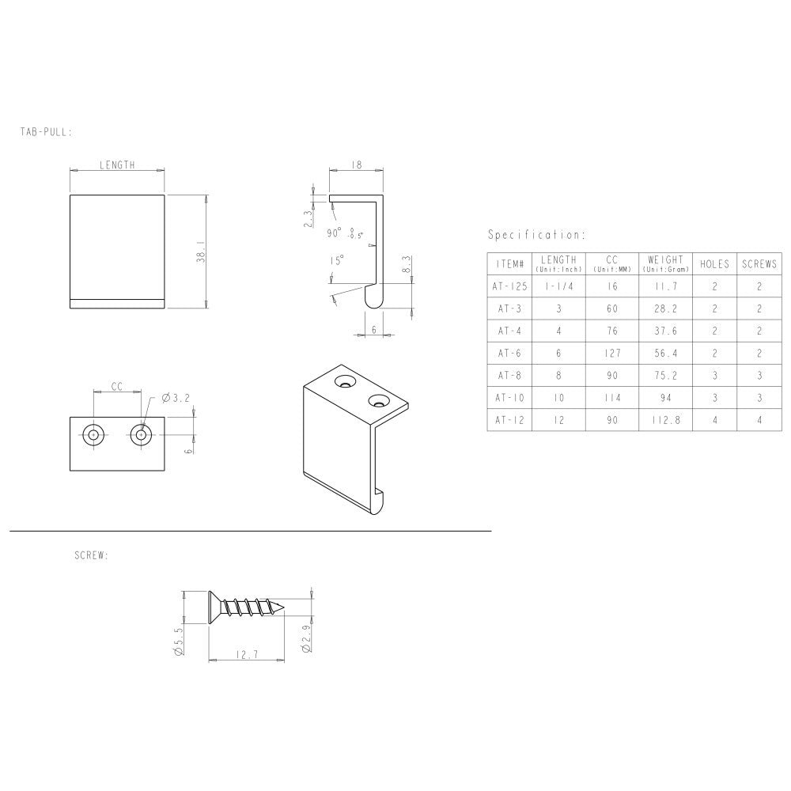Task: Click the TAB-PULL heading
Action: [46, 132]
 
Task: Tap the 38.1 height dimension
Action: [201, 252]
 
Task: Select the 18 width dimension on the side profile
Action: [356, 165]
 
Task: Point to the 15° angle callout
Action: [336, 260]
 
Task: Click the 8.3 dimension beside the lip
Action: [407, 265]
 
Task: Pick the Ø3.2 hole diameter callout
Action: [176, 398]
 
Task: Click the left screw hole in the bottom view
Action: [94, 434]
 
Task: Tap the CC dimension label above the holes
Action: [116, 387]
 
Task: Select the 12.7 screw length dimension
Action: [247, 654]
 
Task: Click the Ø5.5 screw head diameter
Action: [178, 640]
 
